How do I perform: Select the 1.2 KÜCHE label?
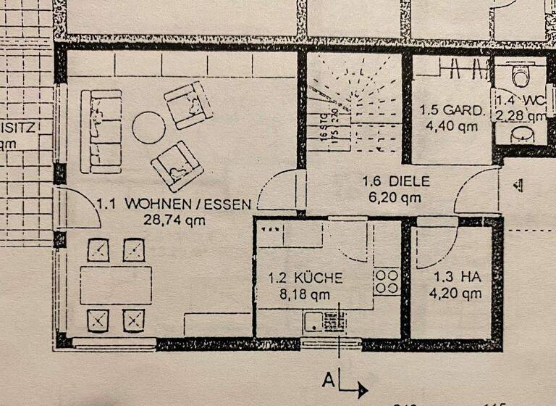click(305, 278)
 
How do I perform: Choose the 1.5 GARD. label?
click(452, 111)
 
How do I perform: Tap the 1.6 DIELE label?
click(396, 181)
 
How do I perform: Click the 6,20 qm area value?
click(391, 196)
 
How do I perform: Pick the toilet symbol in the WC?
click(519, 74)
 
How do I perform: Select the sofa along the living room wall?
click(101, 131)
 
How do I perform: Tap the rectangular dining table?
click(116, 285)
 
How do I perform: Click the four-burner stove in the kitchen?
click(387, 282)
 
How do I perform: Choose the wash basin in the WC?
click(520, 135)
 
